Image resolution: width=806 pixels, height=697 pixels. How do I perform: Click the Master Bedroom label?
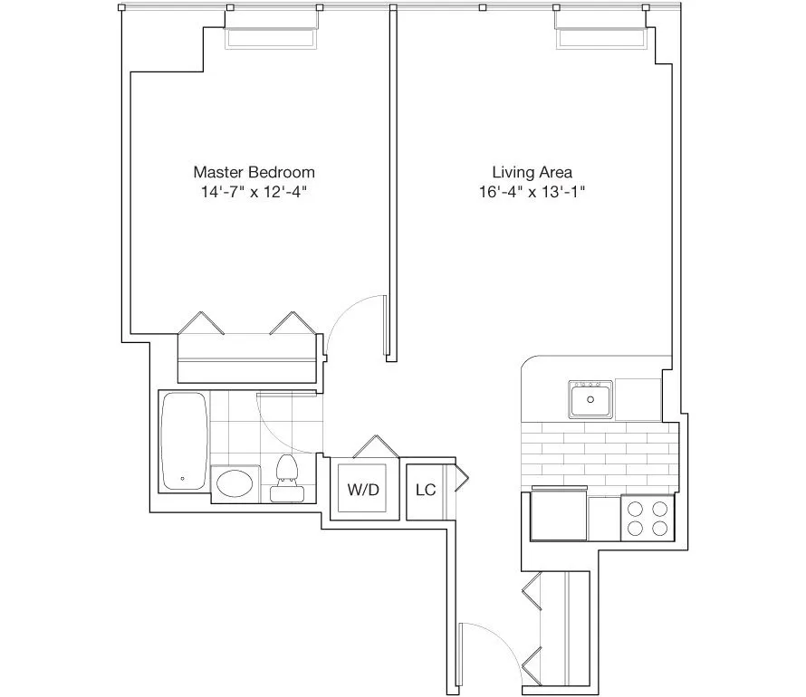coord(254,171)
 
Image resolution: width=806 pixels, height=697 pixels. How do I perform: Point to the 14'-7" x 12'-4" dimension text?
coord(254,192)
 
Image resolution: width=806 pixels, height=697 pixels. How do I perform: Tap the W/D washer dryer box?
coord(362,490)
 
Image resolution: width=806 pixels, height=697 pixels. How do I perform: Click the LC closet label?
coord(426,490)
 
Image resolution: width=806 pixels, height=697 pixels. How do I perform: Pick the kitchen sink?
coord(590,398)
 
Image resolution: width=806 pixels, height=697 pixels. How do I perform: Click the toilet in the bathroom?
coord(286,478)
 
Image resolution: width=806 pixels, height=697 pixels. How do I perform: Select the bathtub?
coord(184,441)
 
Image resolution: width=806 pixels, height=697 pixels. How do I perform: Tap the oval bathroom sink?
coord(235,483)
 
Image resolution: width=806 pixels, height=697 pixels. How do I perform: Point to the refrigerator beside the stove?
coord(558,516)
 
